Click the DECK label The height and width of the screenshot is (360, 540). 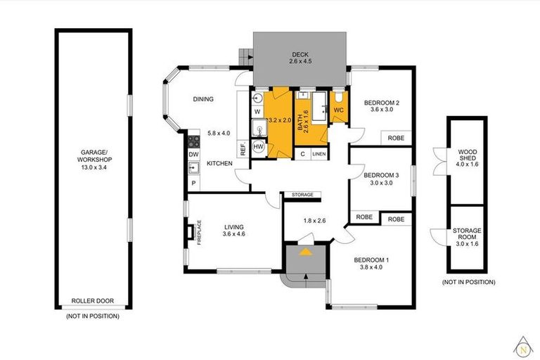(x=300, y=54)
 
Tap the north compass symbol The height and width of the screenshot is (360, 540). (x=523, y=347)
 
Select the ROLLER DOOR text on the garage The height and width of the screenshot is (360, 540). (x=92, y=301)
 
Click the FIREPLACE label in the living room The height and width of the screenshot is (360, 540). (x=199, y=232)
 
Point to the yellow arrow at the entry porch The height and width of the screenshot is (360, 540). (x=305, y=252)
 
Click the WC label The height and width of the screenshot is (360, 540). (x=338, y=110)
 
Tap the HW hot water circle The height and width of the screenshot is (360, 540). (x=258, y=146)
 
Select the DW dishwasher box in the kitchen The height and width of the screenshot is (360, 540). (x=193, y=155)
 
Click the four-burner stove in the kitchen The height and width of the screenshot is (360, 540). (x=193, y=141)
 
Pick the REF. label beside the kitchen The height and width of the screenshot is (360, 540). (x=243, y=149)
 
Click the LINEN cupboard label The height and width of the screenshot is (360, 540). (x=319, y=154)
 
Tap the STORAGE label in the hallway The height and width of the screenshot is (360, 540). (x=302, y=195)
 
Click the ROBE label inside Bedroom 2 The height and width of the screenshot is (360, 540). (x=396, y=138)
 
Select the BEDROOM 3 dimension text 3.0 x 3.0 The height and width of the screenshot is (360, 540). (x=381, y=183)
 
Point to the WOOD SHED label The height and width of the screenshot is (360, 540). (x=468, y=155)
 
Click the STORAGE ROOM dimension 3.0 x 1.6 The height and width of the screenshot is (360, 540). (x=467, y=244)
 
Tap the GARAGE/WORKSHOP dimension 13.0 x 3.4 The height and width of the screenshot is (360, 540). (x=94, y=167)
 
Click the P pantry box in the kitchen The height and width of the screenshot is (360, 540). (x=193, y=184)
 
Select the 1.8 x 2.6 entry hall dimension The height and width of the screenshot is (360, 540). (x=314, y=221)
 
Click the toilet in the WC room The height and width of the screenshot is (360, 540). (x=338, y=98)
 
